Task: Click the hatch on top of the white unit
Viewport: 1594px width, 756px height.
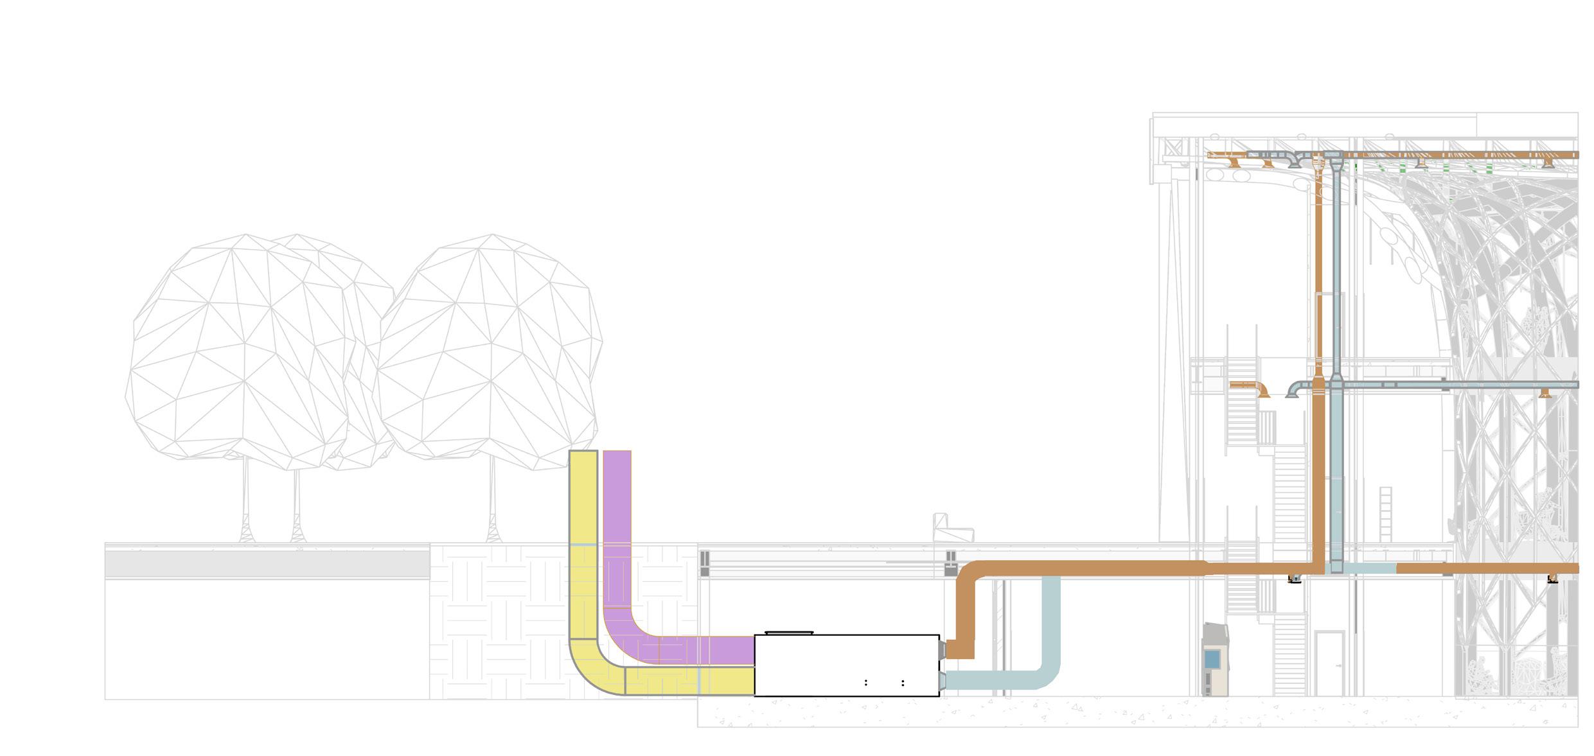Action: click(x=789, y=633)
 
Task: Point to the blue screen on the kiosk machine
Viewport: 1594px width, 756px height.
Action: click(x=1212, y=658)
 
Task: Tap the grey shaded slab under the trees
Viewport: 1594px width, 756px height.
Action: click(x=267, y=564)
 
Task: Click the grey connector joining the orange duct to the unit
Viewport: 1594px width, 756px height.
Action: click(x=943, y=650)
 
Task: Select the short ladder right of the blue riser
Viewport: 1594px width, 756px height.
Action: click(x=1385, y=514)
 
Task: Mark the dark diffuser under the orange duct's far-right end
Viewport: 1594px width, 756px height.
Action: click(x=1553, y=579)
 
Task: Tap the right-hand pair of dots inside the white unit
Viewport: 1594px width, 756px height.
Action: click(x=903, y=683)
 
